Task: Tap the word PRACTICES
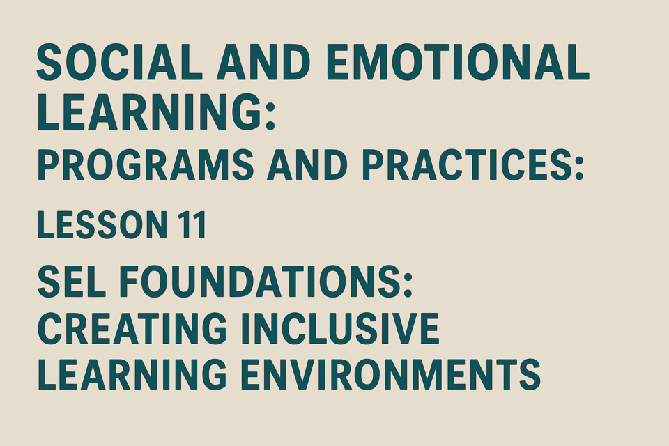coord(464,164)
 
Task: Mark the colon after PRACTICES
coord(578,169)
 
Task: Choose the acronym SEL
coord(71,282)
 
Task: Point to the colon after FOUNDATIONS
coord(406,286)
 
